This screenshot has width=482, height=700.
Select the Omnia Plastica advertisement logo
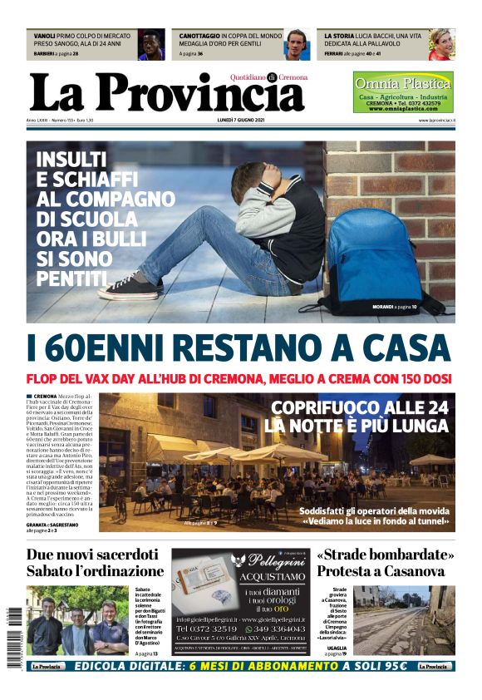tap(403, 83)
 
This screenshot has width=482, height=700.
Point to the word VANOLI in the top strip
tap(45, 37)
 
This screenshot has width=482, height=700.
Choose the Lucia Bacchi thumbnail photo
tap(441, 45)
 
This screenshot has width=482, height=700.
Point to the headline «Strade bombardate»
tap(386, 555)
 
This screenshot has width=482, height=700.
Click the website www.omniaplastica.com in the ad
tap(403, 109)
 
